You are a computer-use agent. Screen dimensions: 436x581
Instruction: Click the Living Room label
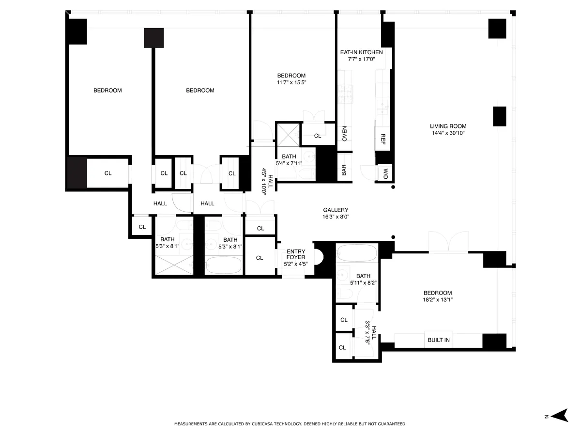pyautogui.click(x=448, y=126)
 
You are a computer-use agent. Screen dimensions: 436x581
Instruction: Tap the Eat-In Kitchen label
pyautogui.click(x=361, y=52)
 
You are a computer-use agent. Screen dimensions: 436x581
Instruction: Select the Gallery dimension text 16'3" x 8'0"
pyautogui.click(x=336, y=217)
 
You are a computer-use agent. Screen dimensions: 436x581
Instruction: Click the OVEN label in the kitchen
pyautogui.click(x=345, y=133)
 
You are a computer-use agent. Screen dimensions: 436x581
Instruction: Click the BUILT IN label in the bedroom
pyautogui.click(x=438, y=340)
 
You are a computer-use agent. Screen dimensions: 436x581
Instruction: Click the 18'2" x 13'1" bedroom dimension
pyautogui.click(x=438, y=299)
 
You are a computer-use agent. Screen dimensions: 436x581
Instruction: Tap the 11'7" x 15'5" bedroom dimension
pyautogui.click(x=291, y=82)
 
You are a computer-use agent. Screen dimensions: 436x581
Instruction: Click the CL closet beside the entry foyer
pyautogui.click(x=260, y=258)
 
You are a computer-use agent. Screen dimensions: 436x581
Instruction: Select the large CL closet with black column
pyautogui.click(x=107, y=173)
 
